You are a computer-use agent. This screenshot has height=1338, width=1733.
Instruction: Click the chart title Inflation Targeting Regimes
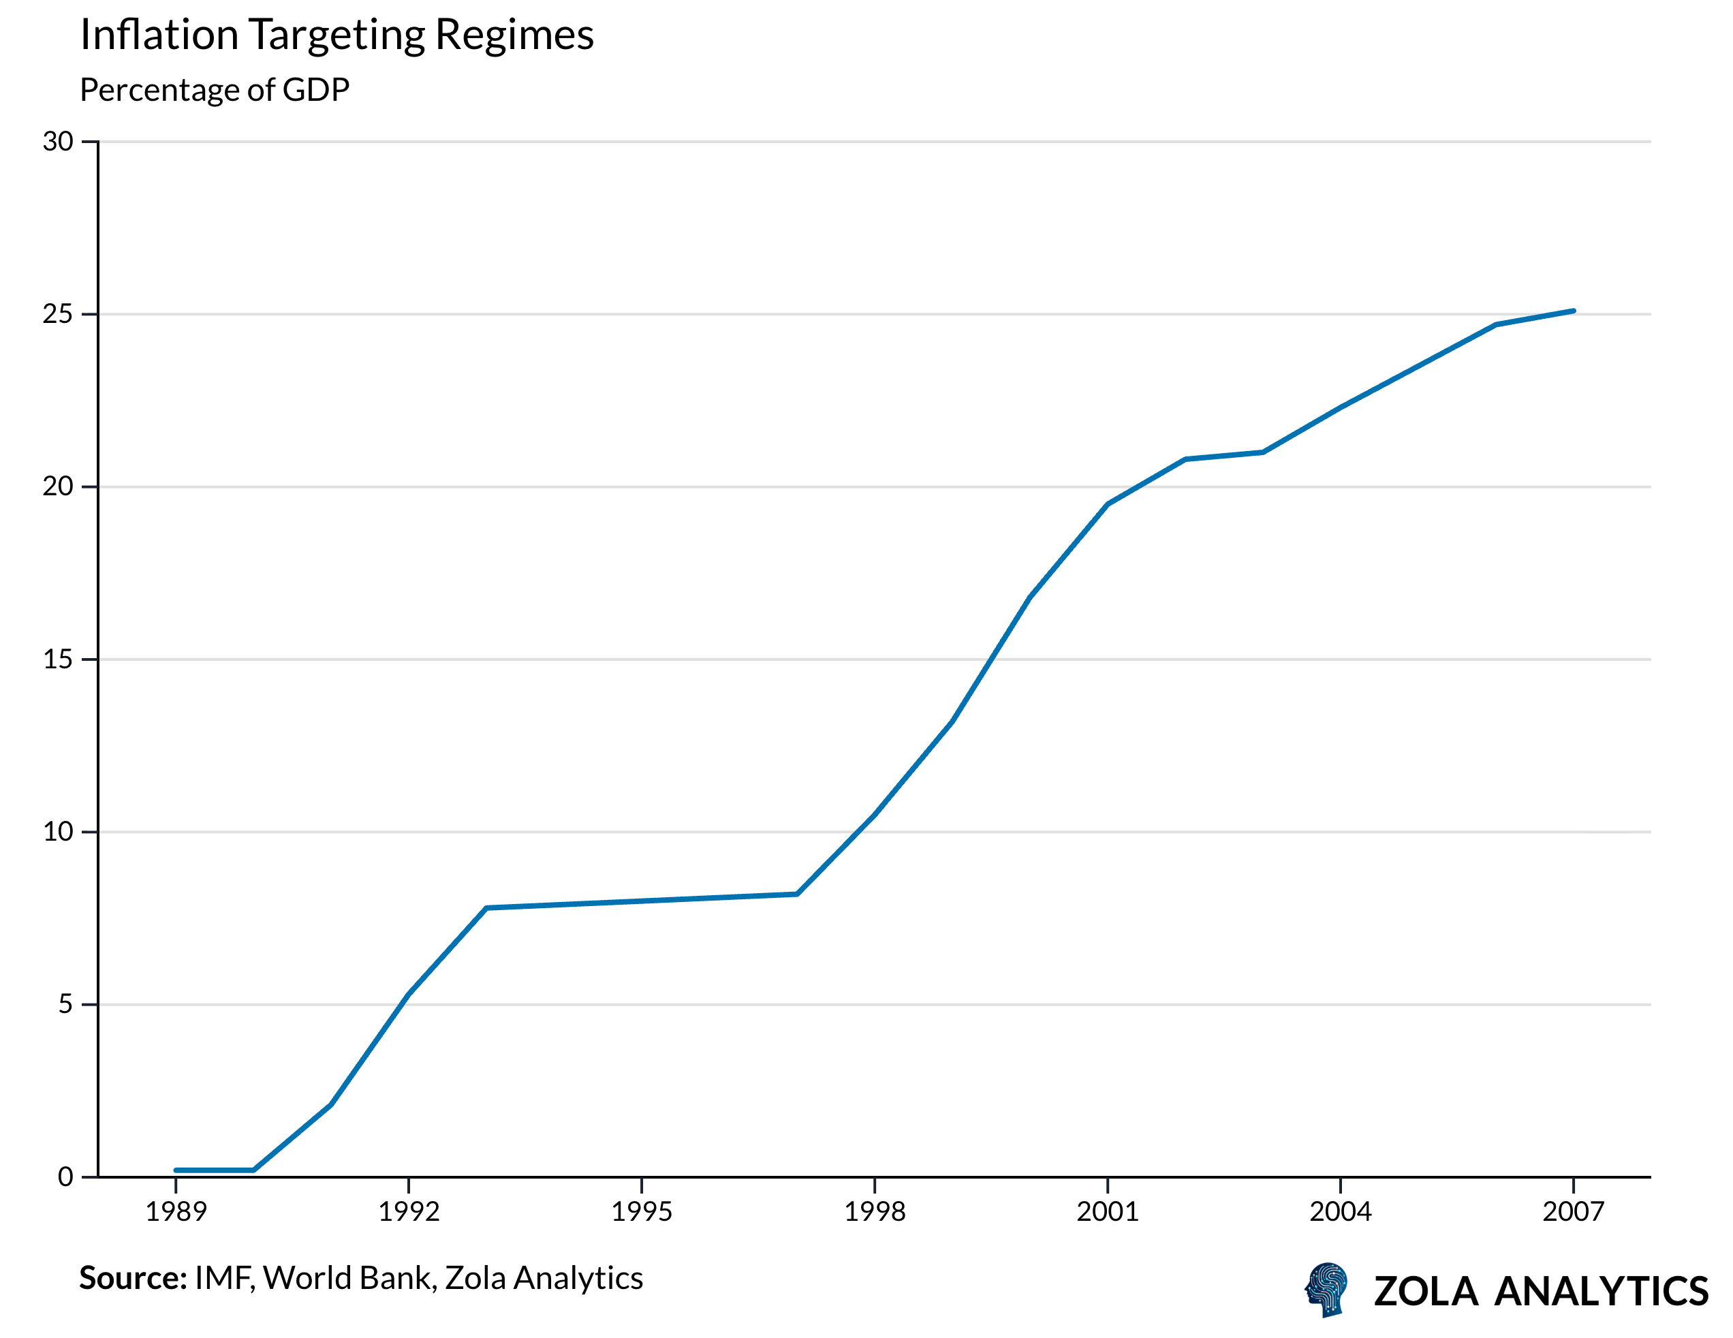tap(337, 35)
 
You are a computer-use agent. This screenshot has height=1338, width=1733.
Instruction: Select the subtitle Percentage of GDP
tap(215, 90)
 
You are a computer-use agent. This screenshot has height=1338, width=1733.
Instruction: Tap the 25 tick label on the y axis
tap(58, 314)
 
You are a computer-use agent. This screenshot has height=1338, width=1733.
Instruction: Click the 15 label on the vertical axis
tap(58, 659)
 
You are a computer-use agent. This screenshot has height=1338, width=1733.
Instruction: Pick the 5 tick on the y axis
tap(65, 1004)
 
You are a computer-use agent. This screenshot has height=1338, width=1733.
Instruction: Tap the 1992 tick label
tap(409, 1212)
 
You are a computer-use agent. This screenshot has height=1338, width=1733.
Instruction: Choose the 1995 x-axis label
tap(641, 1212)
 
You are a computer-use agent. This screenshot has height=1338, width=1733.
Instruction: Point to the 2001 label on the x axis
tap(1107, 1212)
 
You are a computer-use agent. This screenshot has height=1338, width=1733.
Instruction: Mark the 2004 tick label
tap(1340, 1212)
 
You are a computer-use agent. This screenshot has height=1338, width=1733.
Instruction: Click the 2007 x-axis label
tap(1573, 1212)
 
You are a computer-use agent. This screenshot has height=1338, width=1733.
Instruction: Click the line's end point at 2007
tap(1573, 311)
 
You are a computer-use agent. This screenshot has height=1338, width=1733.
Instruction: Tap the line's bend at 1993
tap(486, 908)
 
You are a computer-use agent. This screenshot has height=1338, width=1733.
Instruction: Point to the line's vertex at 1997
tap(796, 894)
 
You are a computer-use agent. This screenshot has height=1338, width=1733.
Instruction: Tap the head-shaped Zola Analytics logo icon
tap(1327, 1290)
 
